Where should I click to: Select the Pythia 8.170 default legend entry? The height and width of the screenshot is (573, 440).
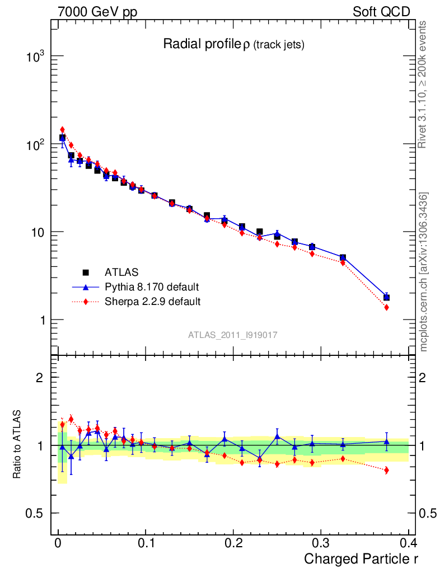pos(152,287)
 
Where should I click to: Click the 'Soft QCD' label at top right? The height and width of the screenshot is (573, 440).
pos(381,12)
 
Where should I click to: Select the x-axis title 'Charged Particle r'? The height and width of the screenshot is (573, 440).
pos(361,558)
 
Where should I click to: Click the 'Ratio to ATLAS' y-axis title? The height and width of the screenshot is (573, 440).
pos(17,445)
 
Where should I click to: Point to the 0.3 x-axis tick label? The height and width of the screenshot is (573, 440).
pos(320,543)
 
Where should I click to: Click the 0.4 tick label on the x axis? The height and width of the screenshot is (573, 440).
pos(408,543)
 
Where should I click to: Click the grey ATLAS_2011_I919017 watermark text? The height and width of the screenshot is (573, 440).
pos(233,335)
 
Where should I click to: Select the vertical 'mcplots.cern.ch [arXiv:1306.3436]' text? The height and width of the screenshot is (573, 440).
pos(424,273)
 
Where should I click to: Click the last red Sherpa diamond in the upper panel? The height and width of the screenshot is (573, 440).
pos(386,307)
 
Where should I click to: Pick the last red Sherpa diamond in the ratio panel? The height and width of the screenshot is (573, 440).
pos(386,470)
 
